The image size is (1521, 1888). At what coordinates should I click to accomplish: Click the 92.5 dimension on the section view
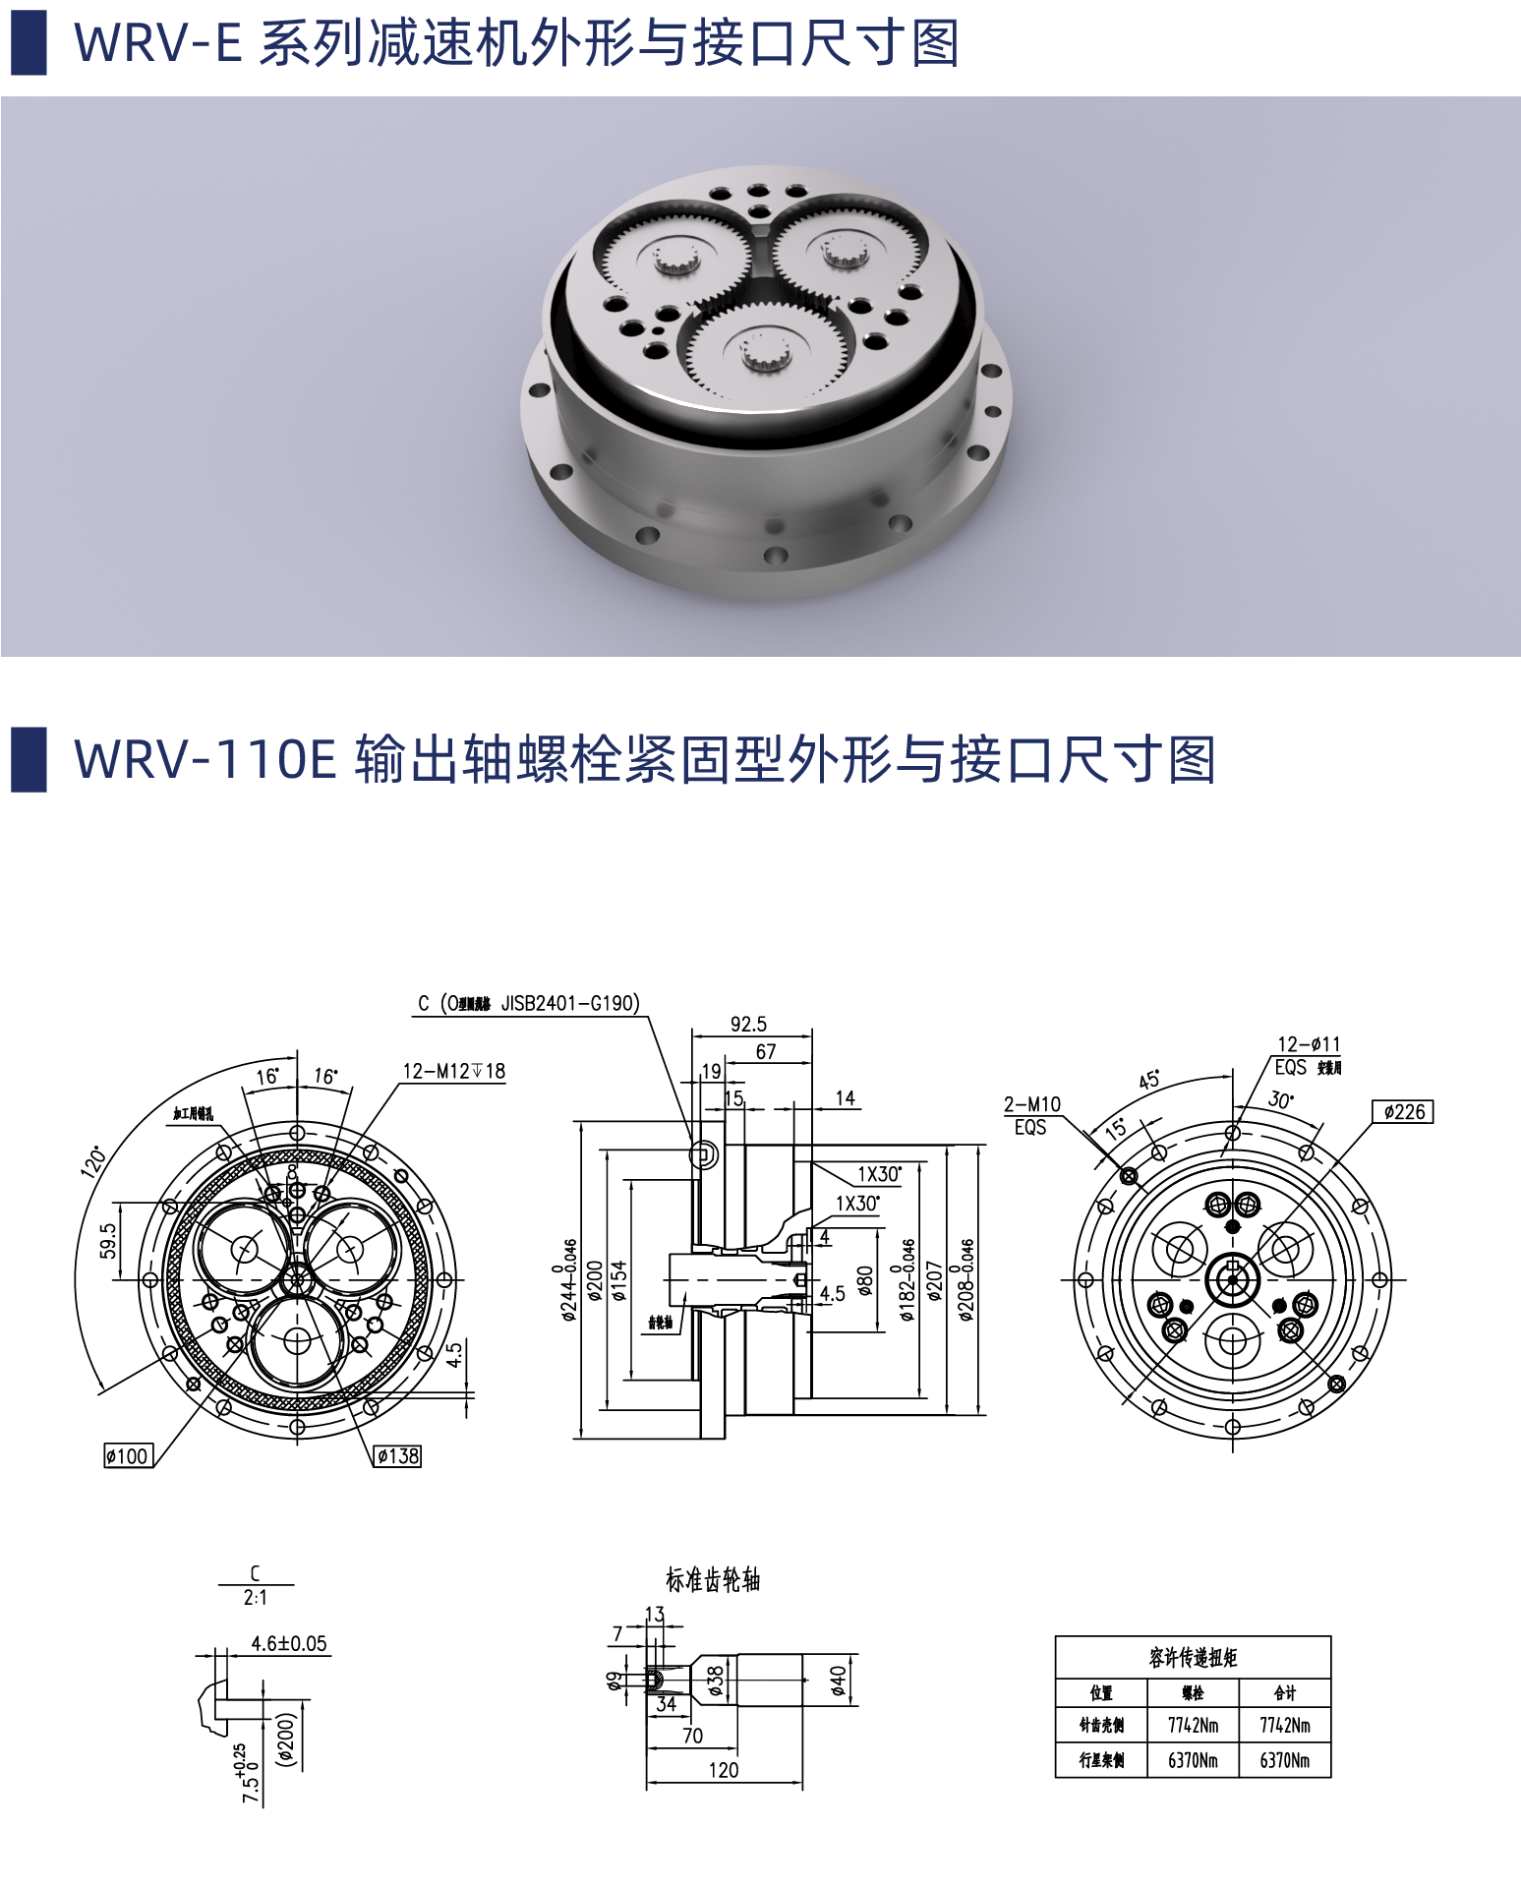pyautogui.click(x=748, y=1025)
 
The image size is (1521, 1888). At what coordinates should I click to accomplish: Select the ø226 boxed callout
pyautogui.click(x=1403, y=1112)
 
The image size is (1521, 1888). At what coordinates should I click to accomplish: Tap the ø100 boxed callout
pyautogui.click(x=128, y=1456)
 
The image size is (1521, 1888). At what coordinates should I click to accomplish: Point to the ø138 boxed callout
pyautogui.click(x=397, y=1456)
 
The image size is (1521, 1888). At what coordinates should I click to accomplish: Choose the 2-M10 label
pyautogui.click(x=1031, y=1104)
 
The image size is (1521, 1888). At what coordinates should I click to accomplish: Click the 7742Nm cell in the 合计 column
pyautogui.click(x=1284, y=1726)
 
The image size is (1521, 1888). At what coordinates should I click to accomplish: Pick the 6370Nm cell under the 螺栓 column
pyautogui.click(x=1192, y=1760)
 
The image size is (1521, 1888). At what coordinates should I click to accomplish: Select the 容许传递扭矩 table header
pyautogui.click(x=1193, y=1658)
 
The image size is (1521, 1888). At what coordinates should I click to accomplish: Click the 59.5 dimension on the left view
pyautogui.click(x=108, y=1241)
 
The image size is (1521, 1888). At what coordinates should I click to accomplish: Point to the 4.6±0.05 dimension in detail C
pyautogui.click(x=288, y=1644)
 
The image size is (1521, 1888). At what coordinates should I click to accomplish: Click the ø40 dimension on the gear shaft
pyautogui.click(x=838, y=1680)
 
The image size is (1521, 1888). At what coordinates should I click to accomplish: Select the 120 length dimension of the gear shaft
pyautogui.click(x=723, y=1770)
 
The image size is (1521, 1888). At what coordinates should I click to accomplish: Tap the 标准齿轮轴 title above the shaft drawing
pyautogui.click(x=713, y=1580)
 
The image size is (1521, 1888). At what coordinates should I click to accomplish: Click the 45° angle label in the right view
pyautogui.click(x=1148, y=1080)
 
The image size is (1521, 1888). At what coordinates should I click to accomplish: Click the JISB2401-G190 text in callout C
pyautogui.click(x=569, y=1004)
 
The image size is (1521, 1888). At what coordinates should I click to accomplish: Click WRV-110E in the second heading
pyautogui.click(x=205, y=760)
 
